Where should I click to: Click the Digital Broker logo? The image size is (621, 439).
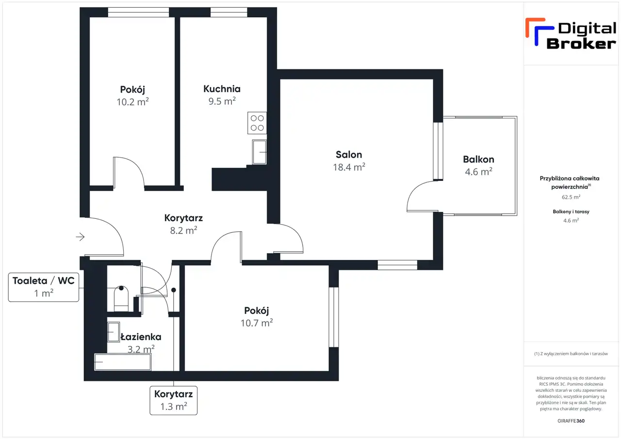[571, 34]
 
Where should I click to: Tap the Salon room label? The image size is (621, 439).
[349, 155]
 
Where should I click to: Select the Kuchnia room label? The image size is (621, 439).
[222, 89]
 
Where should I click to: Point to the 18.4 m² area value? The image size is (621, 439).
[349, 167]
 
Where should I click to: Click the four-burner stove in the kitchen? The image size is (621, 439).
[257, 123]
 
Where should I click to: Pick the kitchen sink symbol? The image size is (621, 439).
[260, 152]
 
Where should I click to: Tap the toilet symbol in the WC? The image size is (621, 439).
[121, 299]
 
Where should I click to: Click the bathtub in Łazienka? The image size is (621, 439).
[123, 362]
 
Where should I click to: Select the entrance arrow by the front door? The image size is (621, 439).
[80, 237]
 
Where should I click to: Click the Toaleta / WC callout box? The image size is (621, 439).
[44, 287]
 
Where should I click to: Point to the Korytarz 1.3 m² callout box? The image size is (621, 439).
[174, 401]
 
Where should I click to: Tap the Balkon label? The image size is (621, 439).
[478, 160]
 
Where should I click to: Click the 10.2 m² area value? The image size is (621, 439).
[132, 102]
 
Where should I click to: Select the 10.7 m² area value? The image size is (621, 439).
[257, 323]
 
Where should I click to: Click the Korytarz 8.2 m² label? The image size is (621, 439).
[183, 224]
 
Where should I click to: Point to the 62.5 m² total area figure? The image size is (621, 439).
[571, 197]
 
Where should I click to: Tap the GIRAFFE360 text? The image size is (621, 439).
[571, 421]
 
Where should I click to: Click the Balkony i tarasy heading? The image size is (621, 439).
[571, 212]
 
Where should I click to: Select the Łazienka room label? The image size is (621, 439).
[141, 337]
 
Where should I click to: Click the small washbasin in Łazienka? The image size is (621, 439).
[114, 332]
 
